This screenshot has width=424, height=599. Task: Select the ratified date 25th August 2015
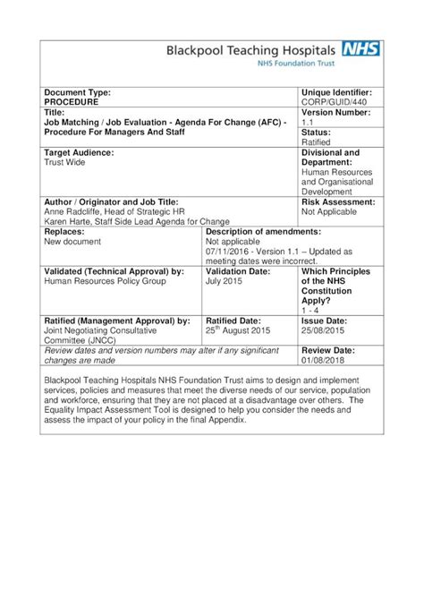coord(239,330)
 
